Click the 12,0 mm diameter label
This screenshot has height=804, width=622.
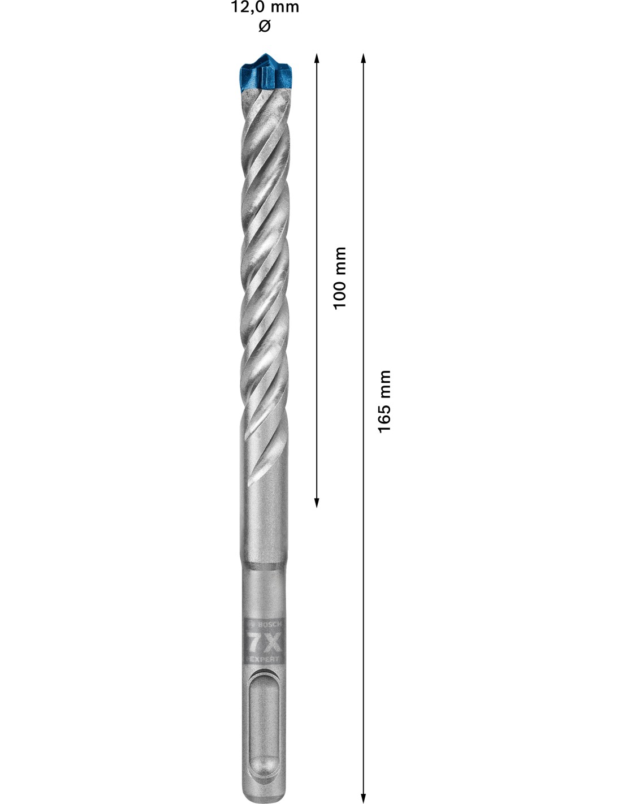[x=265, y=7]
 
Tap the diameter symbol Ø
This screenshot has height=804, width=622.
[x=265, y=26]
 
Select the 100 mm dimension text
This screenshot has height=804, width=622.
[x=339, y=278]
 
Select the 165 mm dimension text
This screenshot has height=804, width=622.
[x=384, y=401]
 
